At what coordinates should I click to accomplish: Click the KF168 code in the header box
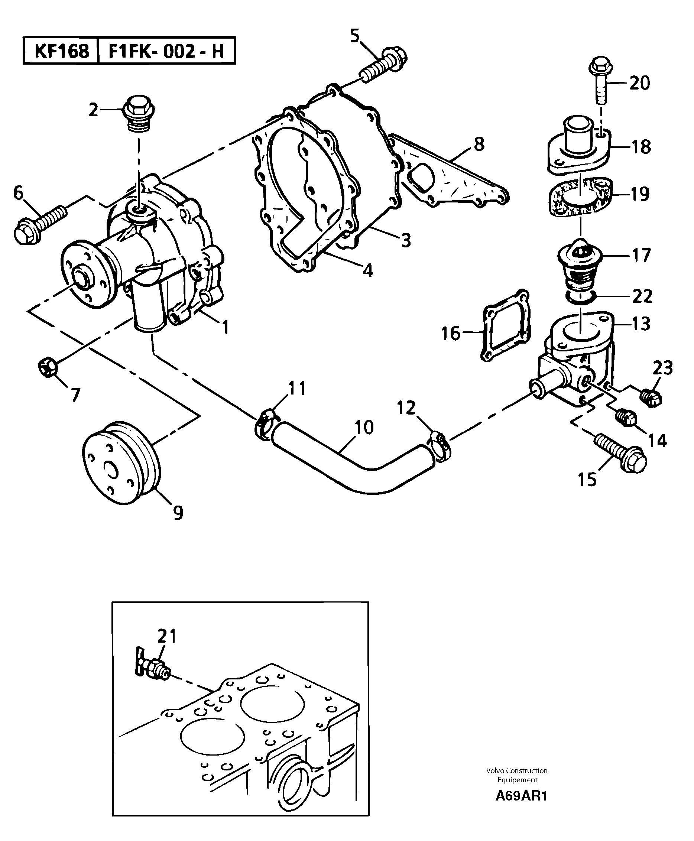[61, 51]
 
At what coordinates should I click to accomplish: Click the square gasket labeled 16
[507, 326]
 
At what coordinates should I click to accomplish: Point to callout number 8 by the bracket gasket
[479, 144]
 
